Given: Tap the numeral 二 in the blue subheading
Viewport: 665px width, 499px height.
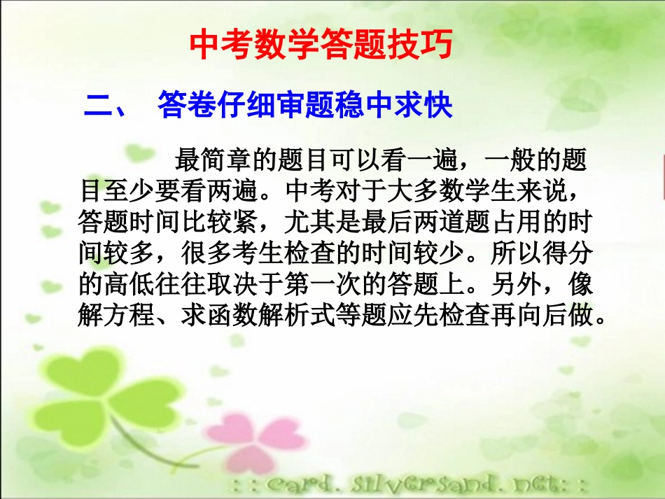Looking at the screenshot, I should click(98, 106).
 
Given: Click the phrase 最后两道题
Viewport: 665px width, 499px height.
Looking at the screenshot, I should click(428, 223).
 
